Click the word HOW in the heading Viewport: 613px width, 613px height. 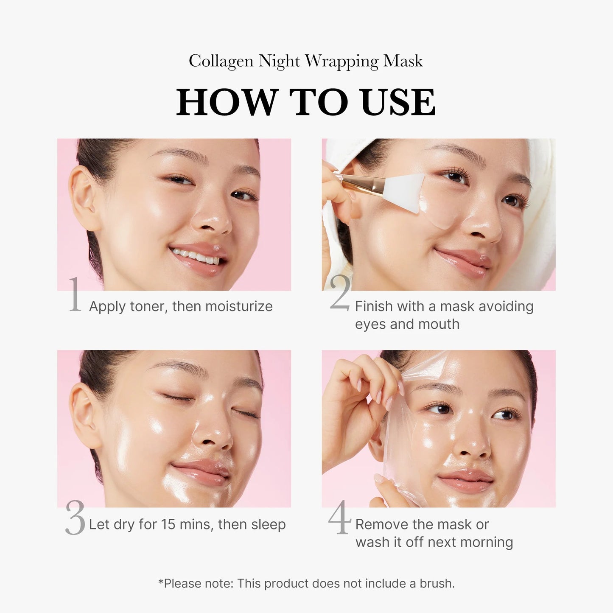(x=226, y=102)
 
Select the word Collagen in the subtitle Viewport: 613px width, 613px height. (x=221, y=61)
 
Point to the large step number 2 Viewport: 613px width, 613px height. (x=340, y=293)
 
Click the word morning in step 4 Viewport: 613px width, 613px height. (x=486, y=542)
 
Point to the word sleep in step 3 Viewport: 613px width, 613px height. (x=268, y=524)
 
